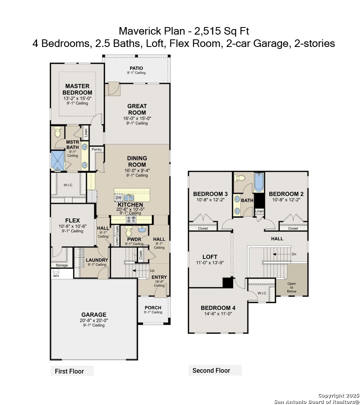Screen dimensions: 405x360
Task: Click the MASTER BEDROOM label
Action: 77,89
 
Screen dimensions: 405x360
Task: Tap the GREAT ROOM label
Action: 137,109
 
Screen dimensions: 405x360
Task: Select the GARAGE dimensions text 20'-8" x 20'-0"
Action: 93,320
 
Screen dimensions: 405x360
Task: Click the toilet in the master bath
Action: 58,132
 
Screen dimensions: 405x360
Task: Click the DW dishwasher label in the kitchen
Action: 119,198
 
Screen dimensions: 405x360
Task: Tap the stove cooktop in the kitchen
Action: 131,219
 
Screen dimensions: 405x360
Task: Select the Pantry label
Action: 97,150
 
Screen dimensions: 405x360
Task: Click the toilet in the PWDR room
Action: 128,231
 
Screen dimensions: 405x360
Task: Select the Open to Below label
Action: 292,287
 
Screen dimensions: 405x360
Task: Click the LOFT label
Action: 210,257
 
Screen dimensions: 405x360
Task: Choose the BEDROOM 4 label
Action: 218,308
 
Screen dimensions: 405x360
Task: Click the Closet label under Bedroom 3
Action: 203,228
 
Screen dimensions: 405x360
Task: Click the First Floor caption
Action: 69,371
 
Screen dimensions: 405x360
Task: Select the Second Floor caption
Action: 211,370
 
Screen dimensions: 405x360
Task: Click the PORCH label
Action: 153,308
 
